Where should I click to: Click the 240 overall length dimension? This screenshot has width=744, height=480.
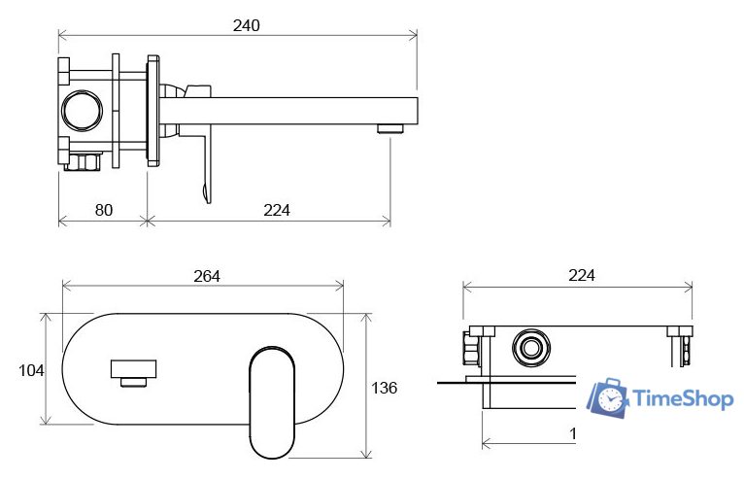246,25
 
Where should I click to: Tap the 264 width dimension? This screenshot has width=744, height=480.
206,276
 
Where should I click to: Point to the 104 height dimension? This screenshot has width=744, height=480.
31,369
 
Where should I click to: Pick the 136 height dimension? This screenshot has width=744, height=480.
385,388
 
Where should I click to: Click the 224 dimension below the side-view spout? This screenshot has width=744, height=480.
276,209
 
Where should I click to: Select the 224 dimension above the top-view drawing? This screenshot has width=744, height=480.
581,276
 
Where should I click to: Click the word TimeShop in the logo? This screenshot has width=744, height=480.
684,398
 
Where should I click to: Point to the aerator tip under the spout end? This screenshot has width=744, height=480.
390,127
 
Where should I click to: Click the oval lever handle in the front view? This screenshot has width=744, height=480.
272,399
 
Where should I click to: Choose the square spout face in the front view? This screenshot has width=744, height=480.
133,369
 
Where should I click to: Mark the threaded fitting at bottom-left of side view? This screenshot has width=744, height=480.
84,160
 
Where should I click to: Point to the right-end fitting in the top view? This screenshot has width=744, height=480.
680,344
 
